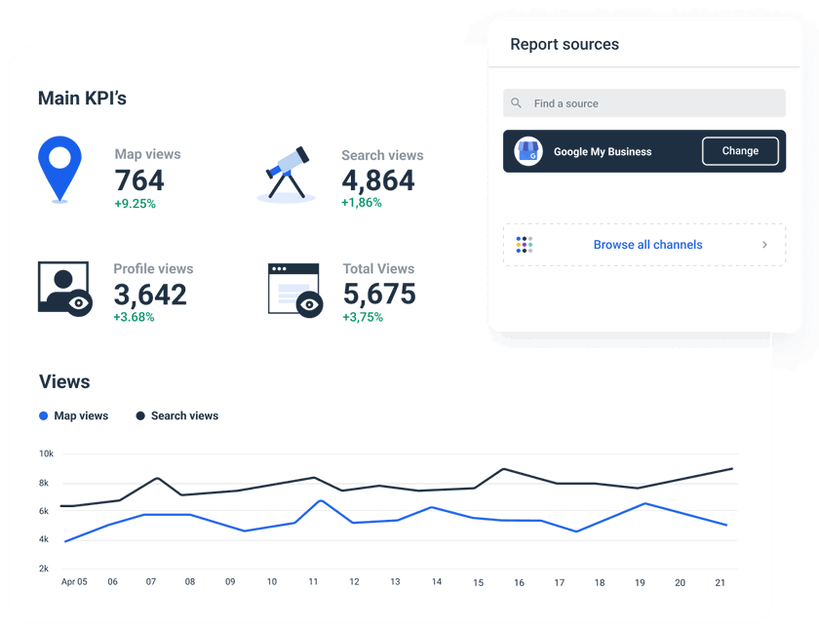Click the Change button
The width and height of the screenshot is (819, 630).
click(740, 151)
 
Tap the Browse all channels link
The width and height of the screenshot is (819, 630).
click(647, 245)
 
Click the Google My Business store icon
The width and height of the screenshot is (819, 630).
click(528, 151)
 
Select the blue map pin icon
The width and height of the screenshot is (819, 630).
click(58, 167)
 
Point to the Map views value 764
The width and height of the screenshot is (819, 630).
click(139, 180)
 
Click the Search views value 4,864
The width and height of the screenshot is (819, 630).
click(377, 180)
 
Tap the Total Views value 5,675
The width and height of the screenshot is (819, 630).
click(379, 295)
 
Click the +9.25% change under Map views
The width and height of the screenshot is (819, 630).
click(135, 204)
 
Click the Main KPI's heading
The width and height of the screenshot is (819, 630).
click(82, 98)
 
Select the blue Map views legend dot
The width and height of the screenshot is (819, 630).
click(44, 416)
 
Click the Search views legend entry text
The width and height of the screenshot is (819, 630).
click(184, 416)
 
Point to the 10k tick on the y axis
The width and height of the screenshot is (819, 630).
click(46, 453)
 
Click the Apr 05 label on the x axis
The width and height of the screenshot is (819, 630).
click(74, 582)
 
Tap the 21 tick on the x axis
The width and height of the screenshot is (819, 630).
click(721, 582)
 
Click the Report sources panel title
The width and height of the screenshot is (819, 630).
click(565, 45)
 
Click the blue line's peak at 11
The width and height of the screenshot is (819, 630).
click(321, 501)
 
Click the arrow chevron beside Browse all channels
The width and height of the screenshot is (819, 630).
click(764, 245)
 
